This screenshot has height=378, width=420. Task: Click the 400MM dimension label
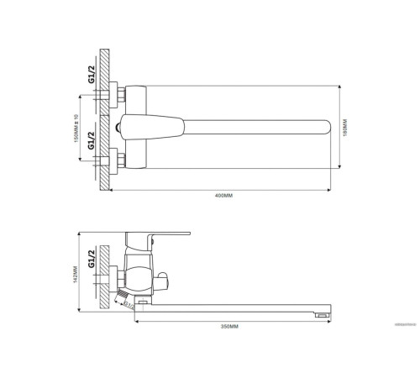(x=223, y=196)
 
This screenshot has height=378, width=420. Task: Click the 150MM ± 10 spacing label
(x=77, y=129)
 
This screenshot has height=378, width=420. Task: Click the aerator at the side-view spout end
(x=320, y=312)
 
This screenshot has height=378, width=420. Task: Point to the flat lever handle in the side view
(x=160, y=233)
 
